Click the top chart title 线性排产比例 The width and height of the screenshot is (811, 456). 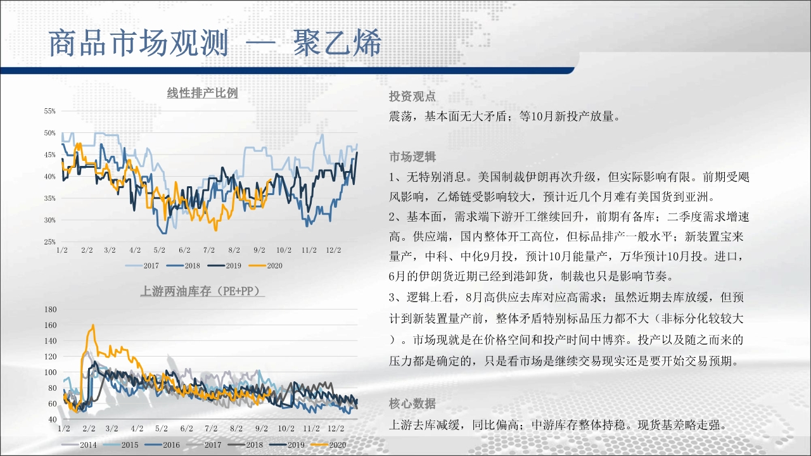coord(202,93)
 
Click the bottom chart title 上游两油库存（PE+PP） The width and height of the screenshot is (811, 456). coord(202,291)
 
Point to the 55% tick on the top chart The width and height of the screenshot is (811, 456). coord(50,111)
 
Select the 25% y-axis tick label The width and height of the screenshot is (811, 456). coord(50,242)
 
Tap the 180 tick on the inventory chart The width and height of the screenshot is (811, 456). coord(51,310)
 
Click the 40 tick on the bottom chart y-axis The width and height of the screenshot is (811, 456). coord(53,419)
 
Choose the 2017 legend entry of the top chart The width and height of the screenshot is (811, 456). coord(143,265)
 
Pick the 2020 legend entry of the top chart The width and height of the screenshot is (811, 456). coord(265,265)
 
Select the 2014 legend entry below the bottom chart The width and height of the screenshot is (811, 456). coord(79,445)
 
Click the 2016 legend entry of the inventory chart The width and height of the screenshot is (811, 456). coord(162,445)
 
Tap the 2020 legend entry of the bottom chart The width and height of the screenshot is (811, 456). coord(329,445)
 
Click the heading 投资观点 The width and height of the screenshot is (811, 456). coord(412,97)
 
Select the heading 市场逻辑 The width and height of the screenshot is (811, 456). coord(412,157)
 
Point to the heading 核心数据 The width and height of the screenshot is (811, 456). coord(412,403)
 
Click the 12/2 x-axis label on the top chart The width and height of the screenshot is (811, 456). coord(333,250)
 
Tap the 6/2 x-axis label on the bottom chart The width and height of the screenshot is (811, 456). coord(187,429)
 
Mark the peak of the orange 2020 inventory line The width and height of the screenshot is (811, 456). coord(93,325)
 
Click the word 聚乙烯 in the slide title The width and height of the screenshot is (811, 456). coord(337,43)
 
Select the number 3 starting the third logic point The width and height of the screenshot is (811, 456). coord(392,298)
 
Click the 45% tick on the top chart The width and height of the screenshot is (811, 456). coord(50,155)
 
